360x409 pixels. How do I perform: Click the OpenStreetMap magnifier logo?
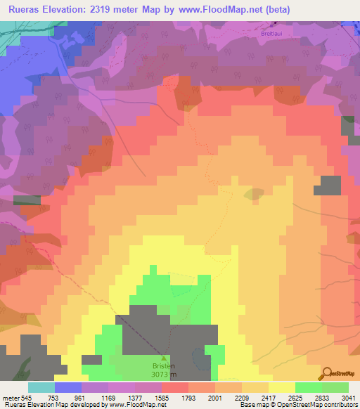(x=328, y=373)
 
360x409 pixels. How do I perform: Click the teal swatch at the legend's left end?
(x=41, y=387)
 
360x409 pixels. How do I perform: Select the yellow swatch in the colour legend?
(x=281, y=387)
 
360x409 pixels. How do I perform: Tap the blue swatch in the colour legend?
(x=68, y=387)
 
